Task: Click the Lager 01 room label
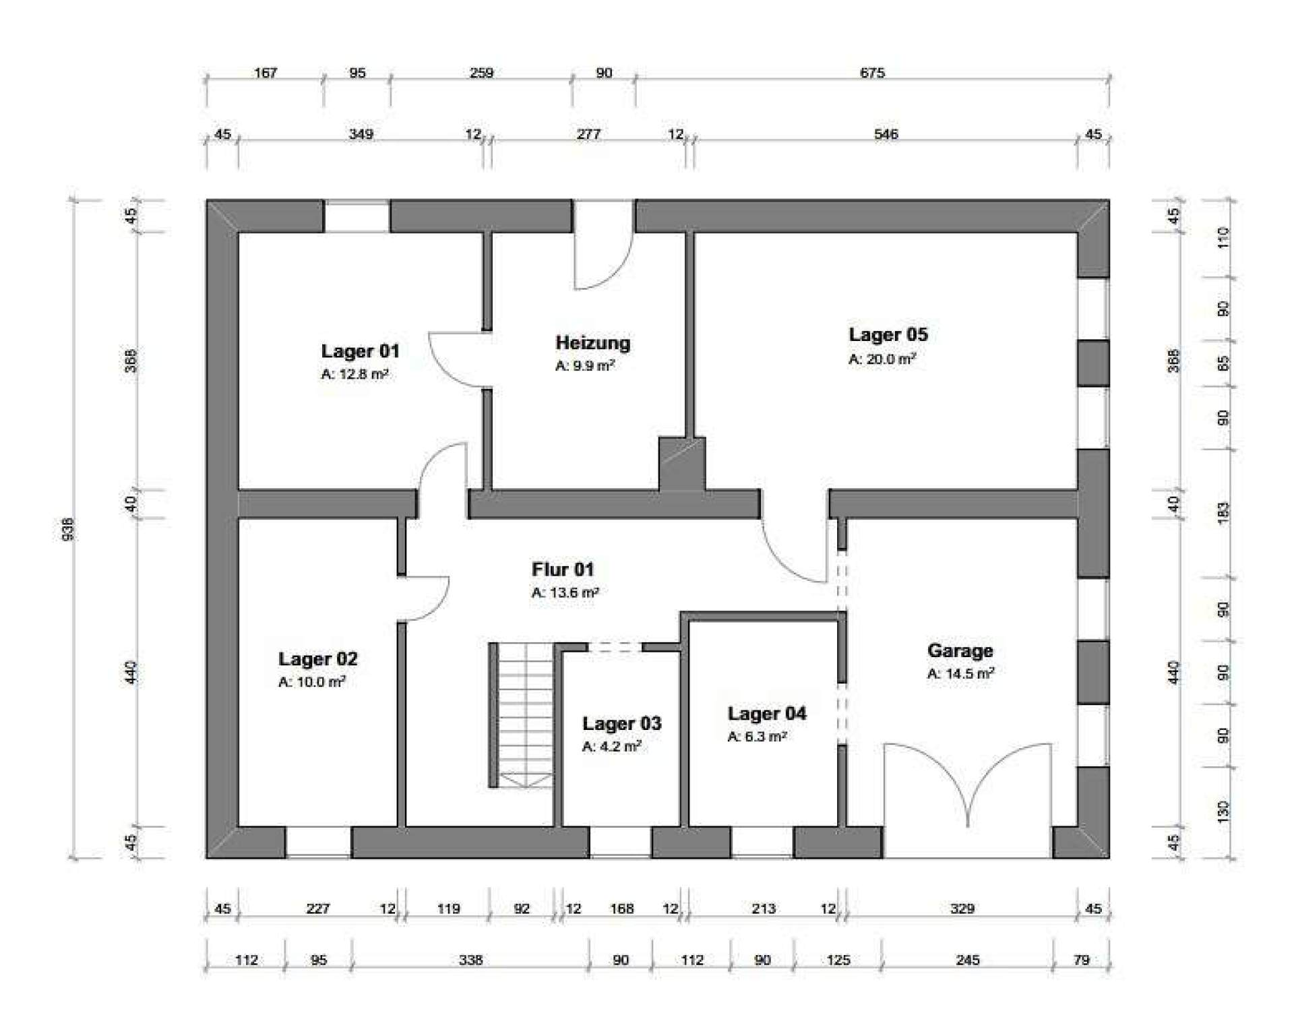click(360, 351)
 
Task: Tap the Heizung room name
click(593, 343)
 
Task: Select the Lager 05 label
click(888, 334)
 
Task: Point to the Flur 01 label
click(563, 570)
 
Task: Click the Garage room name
click(960, 651)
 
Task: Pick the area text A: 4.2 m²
click(611, 747)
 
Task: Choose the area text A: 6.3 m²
click(757, 737)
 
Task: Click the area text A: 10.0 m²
click(311, 682)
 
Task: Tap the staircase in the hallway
click(521, 715)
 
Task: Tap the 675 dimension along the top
click(872, 73)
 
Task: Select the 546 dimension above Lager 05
click(886, 134)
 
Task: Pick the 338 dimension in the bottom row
click(470, 960)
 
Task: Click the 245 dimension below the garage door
click(967, 960)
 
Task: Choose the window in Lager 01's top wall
click(357, 216)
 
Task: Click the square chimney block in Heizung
click(682, 464)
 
